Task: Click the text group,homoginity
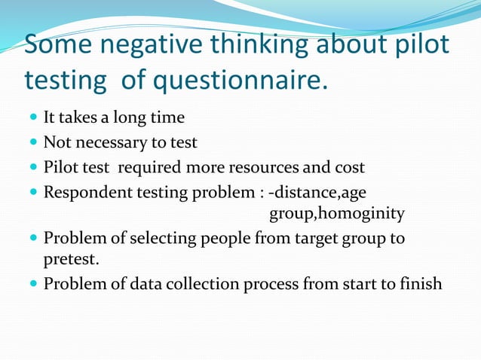(337, 215)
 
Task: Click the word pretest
(71, 260)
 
